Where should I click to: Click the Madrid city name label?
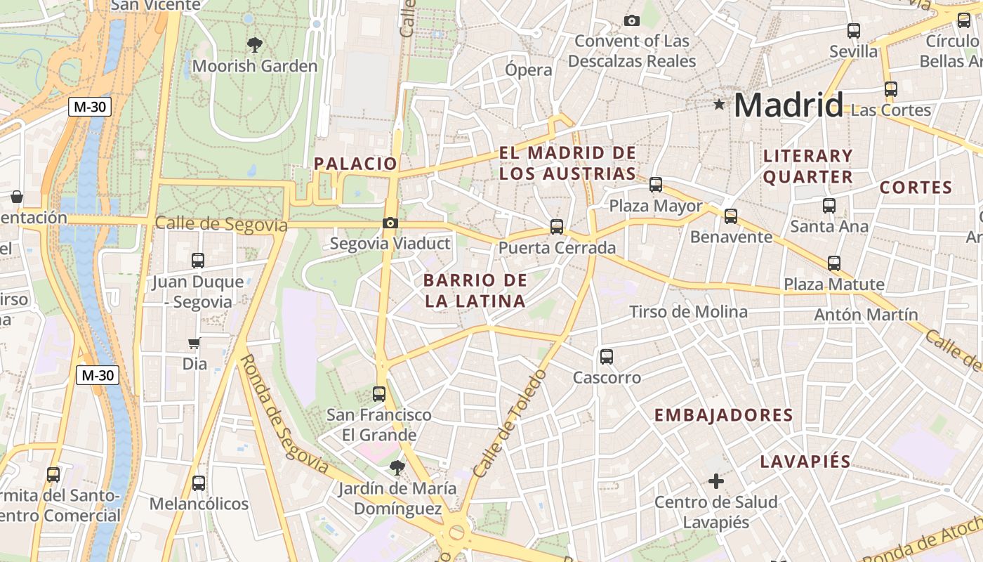pos(788,105)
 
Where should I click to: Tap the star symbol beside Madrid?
pos(719,105)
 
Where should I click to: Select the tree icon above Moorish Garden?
pos(255,45)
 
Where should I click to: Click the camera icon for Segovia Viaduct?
pos(390,223)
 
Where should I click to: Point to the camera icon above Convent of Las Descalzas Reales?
pos(632,20)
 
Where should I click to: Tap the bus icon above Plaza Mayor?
pos(656,185)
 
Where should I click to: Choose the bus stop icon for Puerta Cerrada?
pos(557,227)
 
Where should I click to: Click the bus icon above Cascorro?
pos(607,357)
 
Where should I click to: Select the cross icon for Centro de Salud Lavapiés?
pos(716,481)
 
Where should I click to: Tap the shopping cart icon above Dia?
pos(194,344)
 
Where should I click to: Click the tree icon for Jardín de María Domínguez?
pos(397,467)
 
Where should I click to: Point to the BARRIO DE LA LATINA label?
pos(475,291)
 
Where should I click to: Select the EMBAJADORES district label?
pos(723,415)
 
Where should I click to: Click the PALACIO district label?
pos(355,164)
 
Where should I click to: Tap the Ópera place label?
pos(529,70)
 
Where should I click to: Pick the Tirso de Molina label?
pos(688,311)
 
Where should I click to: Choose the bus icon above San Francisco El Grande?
pos(379,393)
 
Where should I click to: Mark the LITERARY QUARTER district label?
pos(808,166)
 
